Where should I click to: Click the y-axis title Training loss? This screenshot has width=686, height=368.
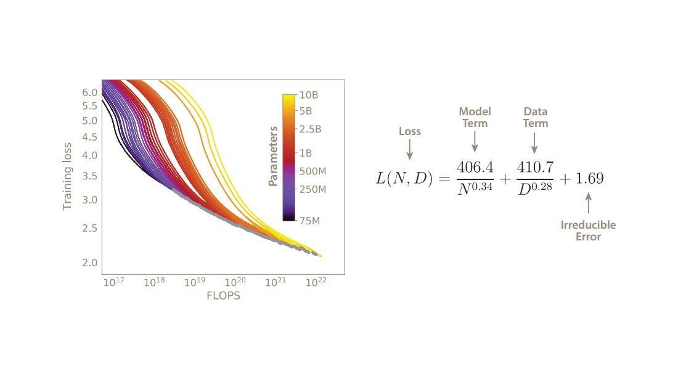67,176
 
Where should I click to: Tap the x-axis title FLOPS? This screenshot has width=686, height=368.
223,296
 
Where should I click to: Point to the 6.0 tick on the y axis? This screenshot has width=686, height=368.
90,92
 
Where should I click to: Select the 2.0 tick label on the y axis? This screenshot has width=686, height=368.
90,263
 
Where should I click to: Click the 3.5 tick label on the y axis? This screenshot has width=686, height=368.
90,176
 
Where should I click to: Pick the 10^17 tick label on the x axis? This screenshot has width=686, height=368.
114,282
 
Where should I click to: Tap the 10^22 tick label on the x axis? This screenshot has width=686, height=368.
316,282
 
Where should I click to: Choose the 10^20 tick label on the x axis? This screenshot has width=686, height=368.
235,282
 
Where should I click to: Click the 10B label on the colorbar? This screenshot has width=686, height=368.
309,95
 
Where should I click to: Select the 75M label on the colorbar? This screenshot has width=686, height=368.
310,221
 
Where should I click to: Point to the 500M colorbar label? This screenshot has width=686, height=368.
313,171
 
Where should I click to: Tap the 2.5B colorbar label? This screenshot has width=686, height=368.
310,129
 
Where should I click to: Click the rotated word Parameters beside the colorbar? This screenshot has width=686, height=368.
273,156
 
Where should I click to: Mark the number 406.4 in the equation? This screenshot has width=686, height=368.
475,167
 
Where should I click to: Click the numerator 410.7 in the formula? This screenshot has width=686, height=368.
535,167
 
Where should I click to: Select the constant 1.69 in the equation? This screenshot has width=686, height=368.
589,178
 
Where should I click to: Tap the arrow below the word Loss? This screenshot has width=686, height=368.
409,150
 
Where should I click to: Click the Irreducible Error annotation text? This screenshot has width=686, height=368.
588,231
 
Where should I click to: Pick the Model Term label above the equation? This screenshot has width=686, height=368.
475,117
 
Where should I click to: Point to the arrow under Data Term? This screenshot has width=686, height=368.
534,143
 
